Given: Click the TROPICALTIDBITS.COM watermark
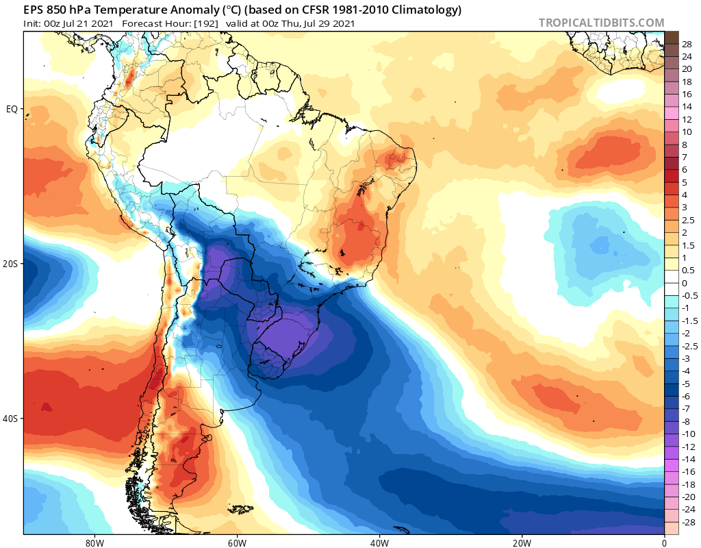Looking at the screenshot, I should pyautogui.click(x=601, y=23).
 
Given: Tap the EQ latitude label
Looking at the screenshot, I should pyautogui.click(x=12, y=108).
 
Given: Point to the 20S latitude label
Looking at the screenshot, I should pyautogui.click(x=11, y=263).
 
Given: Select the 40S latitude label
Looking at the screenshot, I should pyautogui.click(x=11, y=419).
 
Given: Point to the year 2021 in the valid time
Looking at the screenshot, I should pyautogui.click(x=342, y=24).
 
